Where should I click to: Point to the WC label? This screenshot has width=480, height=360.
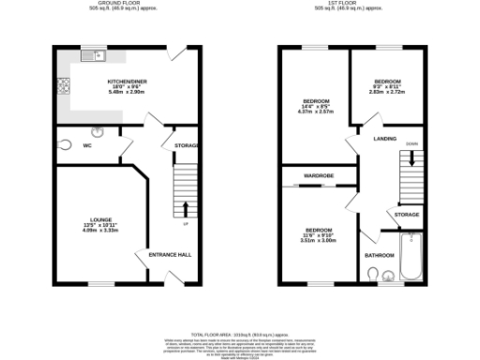point(87,146)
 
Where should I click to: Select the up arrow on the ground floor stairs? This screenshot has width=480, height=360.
point(185,208)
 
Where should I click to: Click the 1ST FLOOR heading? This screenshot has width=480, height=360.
point(348,4)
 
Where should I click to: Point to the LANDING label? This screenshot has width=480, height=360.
point(384,139)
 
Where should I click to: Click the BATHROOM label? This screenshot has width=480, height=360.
point(378,255)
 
